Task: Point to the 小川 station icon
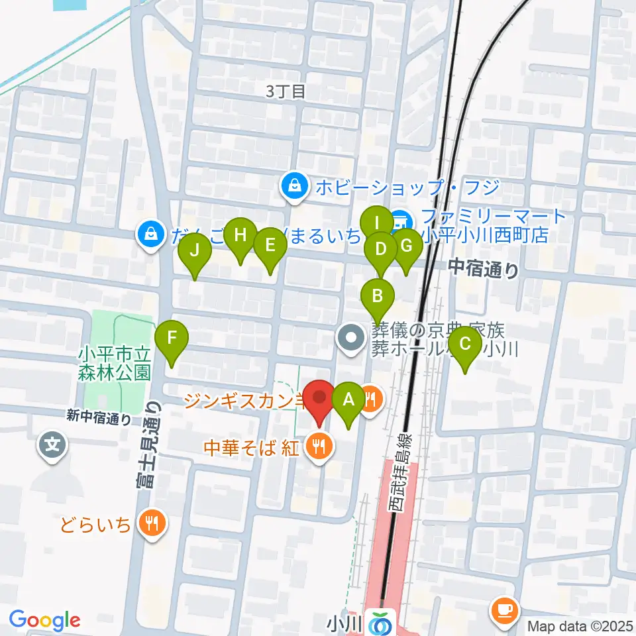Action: coord(382,623)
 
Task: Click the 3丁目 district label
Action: coord(286,91)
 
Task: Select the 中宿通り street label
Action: coord(483,268)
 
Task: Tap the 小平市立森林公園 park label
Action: coord(116,362)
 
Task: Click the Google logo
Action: coord(44,620)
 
